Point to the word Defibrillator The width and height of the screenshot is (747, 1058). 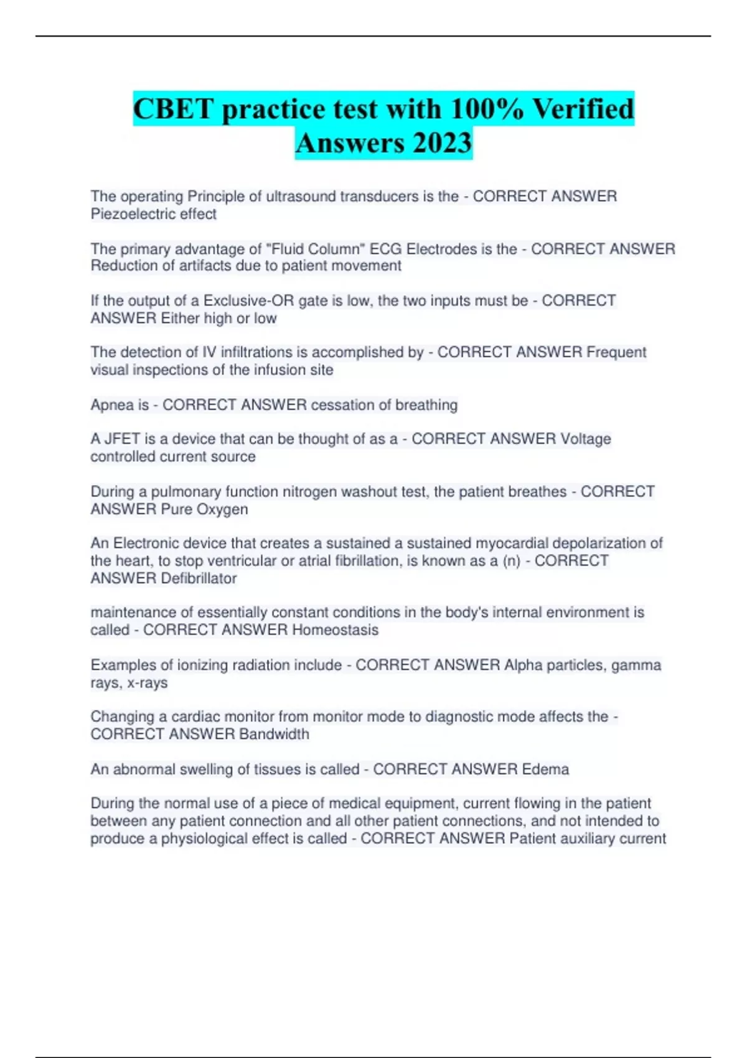coord(199,578)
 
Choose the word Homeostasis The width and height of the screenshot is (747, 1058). coord(335,630)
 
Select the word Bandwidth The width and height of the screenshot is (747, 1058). coord(274,734)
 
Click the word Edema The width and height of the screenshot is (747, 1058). coord(545,769)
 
